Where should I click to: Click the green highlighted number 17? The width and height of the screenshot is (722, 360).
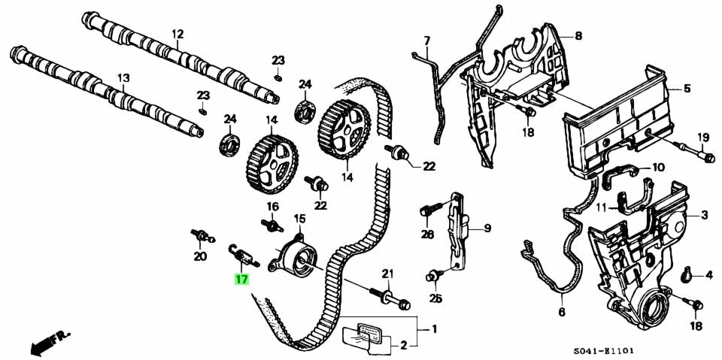241,280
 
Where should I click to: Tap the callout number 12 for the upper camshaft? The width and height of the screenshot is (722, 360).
177,34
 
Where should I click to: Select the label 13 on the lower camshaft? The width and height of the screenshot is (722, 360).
123,77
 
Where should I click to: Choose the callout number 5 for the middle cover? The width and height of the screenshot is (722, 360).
686,89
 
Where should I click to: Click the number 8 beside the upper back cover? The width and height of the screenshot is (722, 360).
578,35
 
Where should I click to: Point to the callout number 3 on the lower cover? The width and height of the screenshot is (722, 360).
705,216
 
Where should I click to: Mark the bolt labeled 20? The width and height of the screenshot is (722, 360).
200,236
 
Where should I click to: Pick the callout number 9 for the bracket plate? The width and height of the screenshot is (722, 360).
487,228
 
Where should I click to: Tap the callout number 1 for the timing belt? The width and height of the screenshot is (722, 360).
432,329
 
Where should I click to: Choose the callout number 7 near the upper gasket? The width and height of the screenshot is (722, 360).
426,40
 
